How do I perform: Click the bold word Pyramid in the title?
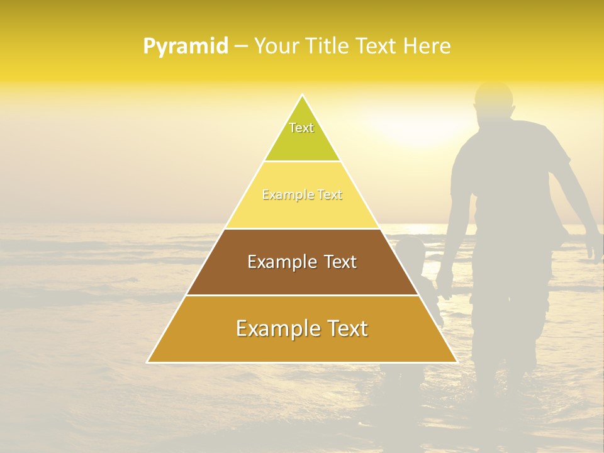pos(186,46)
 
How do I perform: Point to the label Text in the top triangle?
pos(301,128)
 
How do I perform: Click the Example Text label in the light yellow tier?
pos(302,195)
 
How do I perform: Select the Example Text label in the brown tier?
pos(302,262)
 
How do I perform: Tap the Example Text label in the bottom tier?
pos(302,328)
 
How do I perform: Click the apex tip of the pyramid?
pos(303,96)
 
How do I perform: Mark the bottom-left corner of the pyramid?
pos(148,362)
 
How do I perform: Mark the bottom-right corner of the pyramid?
pos(456,362)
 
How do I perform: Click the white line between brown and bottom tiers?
pos(302,295)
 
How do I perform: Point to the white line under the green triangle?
pos(302,161)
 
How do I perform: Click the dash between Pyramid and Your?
pos(241,46)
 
